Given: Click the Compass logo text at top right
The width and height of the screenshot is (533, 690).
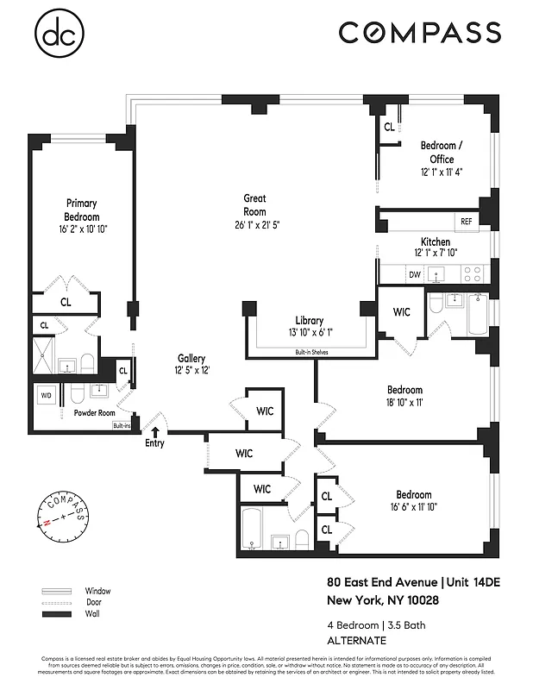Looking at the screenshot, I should coord(419,33).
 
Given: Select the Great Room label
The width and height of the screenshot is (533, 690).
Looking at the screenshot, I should coord(254,204).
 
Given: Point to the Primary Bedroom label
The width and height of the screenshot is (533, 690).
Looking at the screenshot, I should coord(81,210).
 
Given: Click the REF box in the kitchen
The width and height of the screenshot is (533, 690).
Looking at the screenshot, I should coord(467,222).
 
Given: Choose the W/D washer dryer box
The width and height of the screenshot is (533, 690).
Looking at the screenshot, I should coord(46,395).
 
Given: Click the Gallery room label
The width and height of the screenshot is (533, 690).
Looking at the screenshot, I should coord(191,358).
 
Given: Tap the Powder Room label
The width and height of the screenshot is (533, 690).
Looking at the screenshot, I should coord(95,412).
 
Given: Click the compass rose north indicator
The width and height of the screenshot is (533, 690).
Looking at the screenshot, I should coord(44,524).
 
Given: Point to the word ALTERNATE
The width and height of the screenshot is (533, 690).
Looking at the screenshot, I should coord(356,640).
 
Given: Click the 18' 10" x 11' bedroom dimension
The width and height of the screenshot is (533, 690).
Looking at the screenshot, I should coord(404,402).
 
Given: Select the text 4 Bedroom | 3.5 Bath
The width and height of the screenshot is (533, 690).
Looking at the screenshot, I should coord(375,624).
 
